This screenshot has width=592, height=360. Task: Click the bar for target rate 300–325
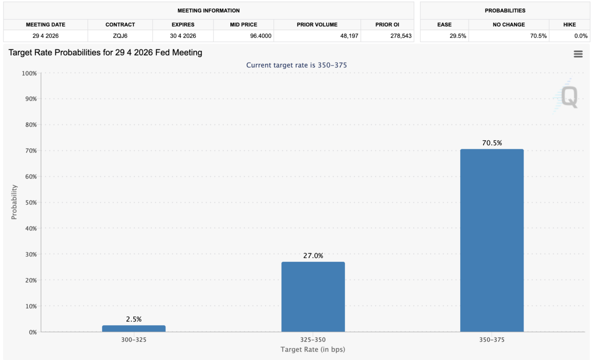(134, 329)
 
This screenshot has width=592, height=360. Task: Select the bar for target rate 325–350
(313, 297)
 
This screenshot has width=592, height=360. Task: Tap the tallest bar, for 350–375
(492, 240)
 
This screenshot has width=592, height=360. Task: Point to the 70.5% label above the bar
(492, 143)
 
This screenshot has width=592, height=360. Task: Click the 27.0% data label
(313, 255)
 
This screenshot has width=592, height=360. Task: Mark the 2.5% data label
(134, 319)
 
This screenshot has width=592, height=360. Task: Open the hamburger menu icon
(578, 54)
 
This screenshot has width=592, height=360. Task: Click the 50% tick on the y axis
(30, 202)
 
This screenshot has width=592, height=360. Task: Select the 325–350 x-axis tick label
(313, 339)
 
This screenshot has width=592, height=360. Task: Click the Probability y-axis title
(14, 202)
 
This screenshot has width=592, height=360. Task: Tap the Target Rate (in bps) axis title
(313, 349)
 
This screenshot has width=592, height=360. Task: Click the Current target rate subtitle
(296, 65)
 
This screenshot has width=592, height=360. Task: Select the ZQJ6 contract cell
(120, 36)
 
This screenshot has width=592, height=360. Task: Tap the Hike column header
(569, 25)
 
